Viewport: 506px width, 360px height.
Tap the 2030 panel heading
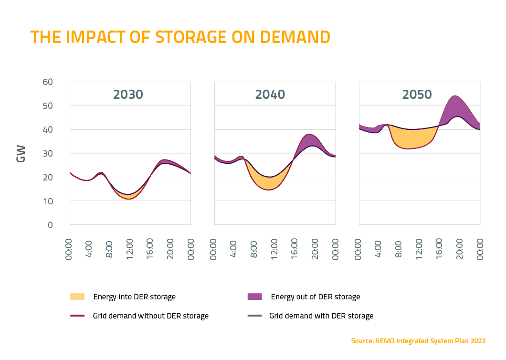(128, 95)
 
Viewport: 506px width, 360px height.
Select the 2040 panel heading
(270, 95)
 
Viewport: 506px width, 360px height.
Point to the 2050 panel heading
(417, 95)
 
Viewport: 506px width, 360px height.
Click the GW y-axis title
(21, 153)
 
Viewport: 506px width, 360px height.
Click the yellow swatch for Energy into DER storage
(77, 296)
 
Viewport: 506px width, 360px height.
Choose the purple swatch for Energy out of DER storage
(255, 296)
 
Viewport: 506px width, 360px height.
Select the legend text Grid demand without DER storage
(150, 316)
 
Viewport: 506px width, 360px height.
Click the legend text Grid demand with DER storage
(321, 316)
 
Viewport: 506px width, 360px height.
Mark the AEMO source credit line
(418, 341)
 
